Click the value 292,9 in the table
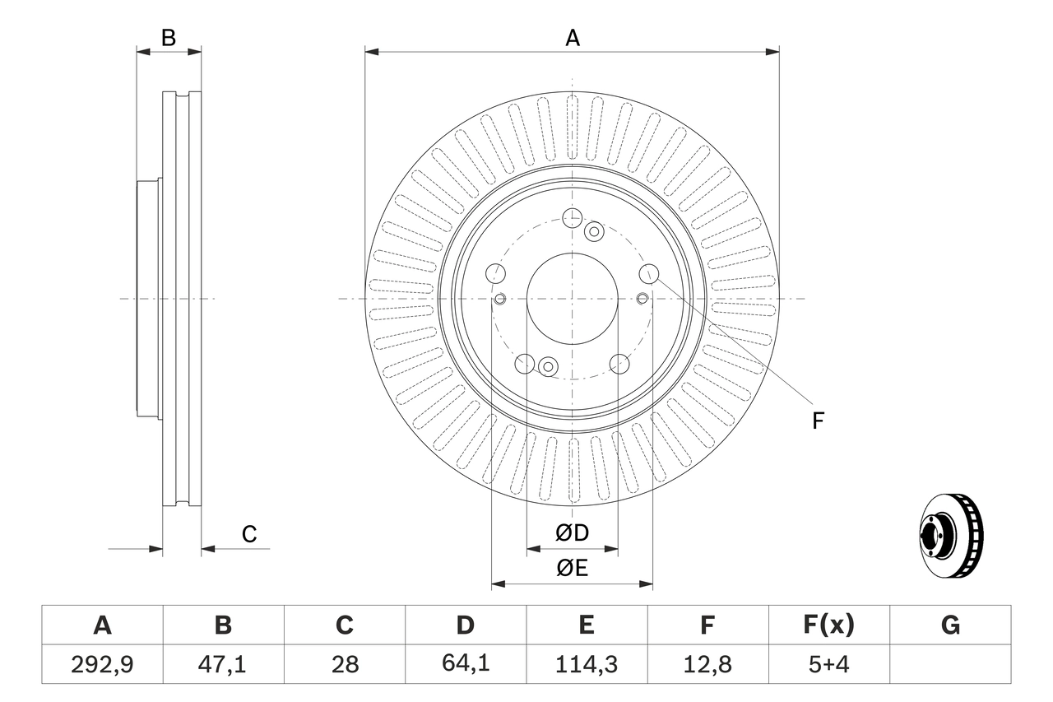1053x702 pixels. pyautogui.click(x=102, y=664)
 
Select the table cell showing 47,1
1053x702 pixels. pyautogui.click(x=223, y=664)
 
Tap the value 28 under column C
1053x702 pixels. pyautogui.click(x=344, y=664)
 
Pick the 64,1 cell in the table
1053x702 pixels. pyautogui.click(x=465, y=664)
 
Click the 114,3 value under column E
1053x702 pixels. pyautogui.click(x=586, y=664)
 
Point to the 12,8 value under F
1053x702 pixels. pyautogui.click(x=707, y=664)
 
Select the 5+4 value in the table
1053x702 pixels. pyautogui.click(x=828, y=664)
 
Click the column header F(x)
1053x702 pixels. pyautogui.click(x=828, y=625)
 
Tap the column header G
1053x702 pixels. pyautogui.click(x=950, y=625)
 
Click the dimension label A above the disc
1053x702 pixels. pyautogui.click(x=572, y=38)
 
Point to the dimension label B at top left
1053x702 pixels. pyautogui.click(x=168, y=38)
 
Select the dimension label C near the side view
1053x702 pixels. pyautogui.click(x=249, y=534)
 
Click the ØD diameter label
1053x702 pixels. pyautogui.click(x=572, y=533)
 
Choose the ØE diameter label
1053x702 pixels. pyautogui.click(x=572, y=568)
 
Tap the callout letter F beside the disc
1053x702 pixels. pyautogui.click(x=817, y=421)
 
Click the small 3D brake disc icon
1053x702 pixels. pyautogui.click(x=950, y=535)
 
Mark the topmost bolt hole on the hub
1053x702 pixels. pyautogui.click(x=572, y=217)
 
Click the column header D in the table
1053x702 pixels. pyautogui.click(x=465, y=625)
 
